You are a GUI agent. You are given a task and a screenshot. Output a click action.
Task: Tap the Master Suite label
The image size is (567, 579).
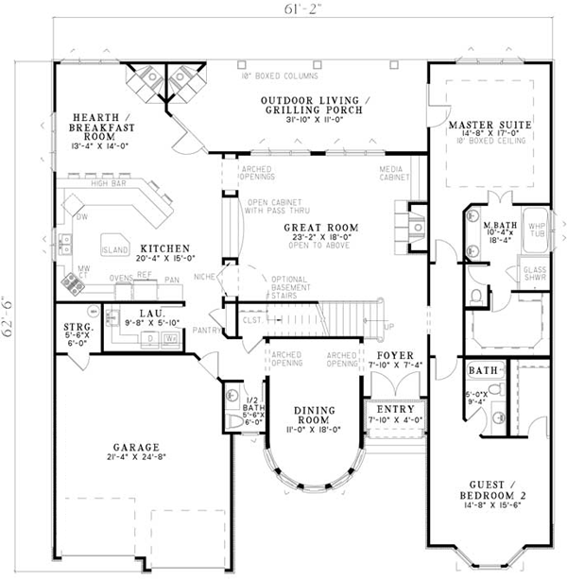[x=489, y=125]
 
